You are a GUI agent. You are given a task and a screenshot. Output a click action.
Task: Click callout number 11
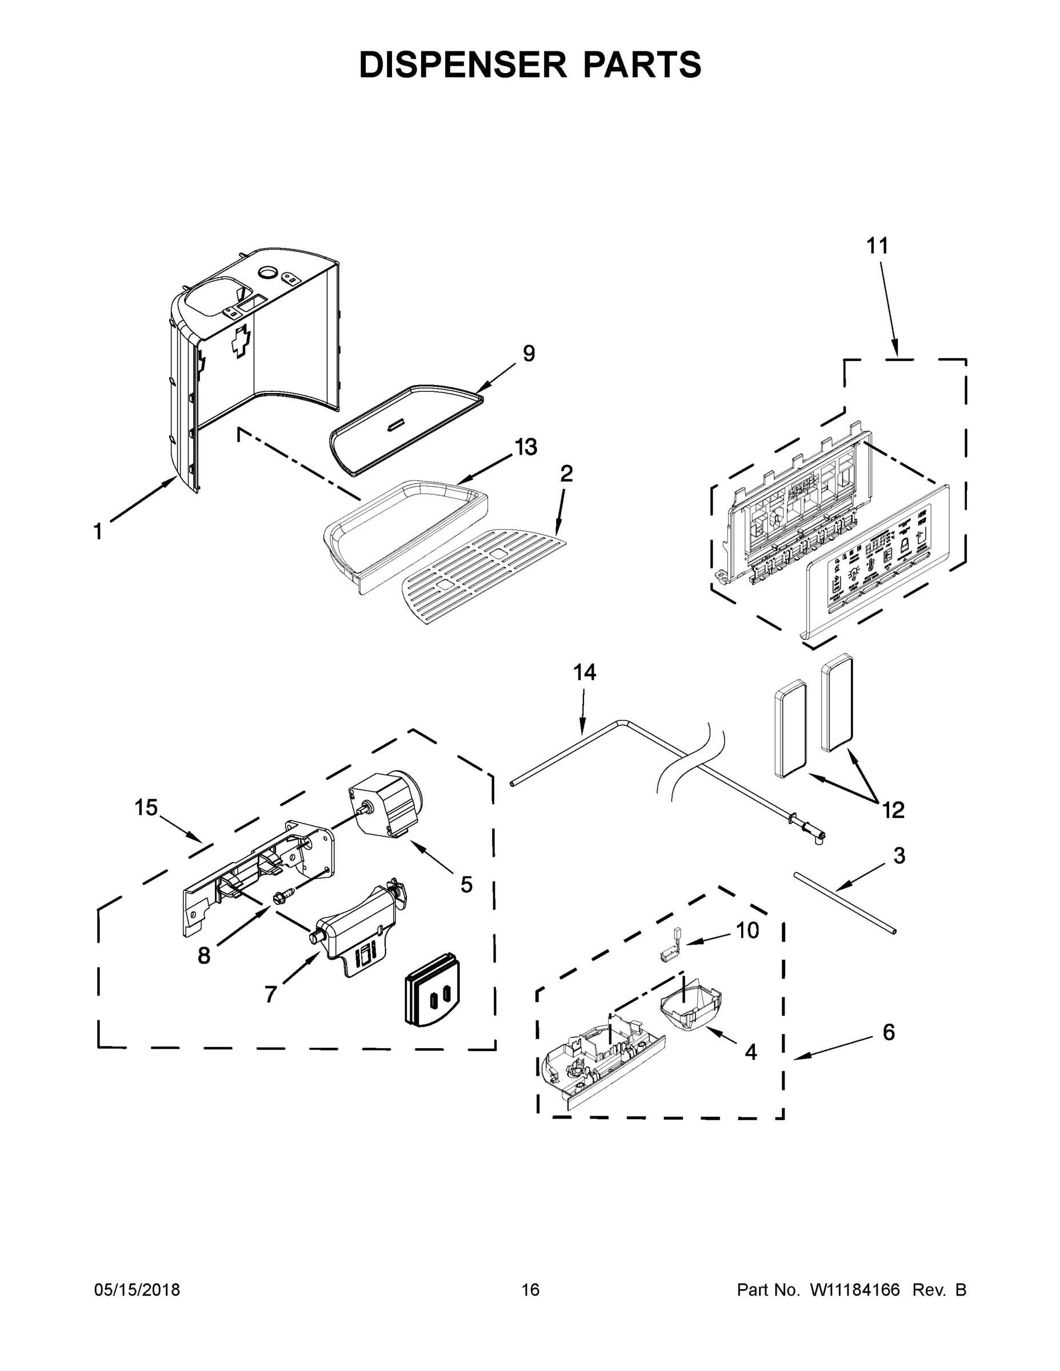point(877,246)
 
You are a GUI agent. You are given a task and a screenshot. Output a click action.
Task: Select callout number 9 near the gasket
point(529,354)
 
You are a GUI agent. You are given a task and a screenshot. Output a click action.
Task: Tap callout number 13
point(526,448)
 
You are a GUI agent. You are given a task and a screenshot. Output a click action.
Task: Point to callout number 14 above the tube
point(584,672)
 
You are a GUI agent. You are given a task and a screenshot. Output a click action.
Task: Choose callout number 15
point(146,807)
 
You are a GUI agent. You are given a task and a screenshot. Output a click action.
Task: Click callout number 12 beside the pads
point(893,811)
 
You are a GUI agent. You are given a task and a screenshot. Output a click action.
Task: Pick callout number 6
point(889,1032)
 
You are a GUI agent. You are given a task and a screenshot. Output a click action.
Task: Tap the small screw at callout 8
point(278,900)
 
